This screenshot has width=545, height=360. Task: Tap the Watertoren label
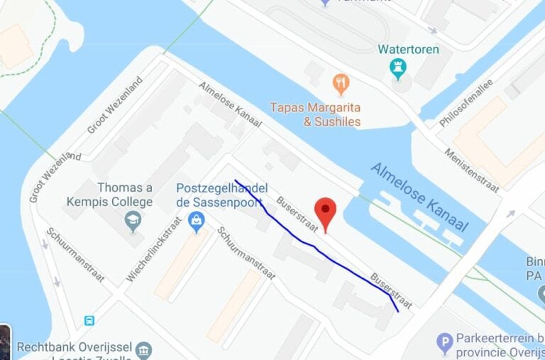click(408, 50)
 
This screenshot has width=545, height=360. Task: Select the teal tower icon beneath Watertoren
click(398, 69)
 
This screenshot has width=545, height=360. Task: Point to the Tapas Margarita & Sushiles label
click(316, 114)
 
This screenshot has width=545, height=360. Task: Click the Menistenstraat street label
click(472, 170)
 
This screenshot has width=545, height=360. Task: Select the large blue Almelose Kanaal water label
click(420, 197)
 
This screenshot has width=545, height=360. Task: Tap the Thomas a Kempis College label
click(110, 195)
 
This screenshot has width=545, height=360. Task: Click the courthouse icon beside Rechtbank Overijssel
click(143, 349)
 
